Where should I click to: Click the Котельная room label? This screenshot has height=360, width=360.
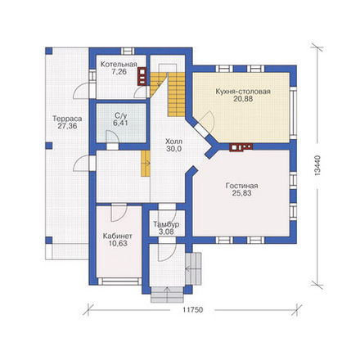(x=119, y=65)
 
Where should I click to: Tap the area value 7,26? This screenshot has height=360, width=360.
(x=119, y=72)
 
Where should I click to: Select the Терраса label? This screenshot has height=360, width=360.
(x=67, y=119)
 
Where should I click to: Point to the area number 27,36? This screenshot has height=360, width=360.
(x=67, y=126)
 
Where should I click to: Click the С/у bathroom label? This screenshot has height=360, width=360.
(x=120, y=115)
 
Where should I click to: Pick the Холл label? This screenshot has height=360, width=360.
(x=173, y=142)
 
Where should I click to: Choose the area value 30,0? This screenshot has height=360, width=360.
(x=173, y=149)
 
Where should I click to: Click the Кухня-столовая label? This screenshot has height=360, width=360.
(x=243, y=92)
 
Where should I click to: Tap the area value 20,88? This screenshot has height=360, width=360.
(x=243, y=99)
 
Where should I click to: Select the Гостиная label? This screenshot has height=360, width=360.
(x=242, y=186)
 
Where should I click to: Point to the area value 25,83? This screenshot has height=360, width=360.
(x=242, y=193)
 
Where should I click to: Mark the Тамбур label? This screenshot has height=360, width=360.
(x=166, y=225)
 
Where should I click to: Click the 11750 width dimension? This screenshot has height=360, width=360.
(x=193, y=310)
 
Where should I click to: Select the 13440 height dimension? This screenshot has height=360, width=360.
(x=317, y=165)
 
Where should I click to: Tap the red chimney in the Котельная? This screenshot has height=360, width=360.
(x=142, y=76)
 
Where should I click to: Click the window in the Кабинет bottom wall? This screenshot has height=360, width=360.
(x=119, y=281)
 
